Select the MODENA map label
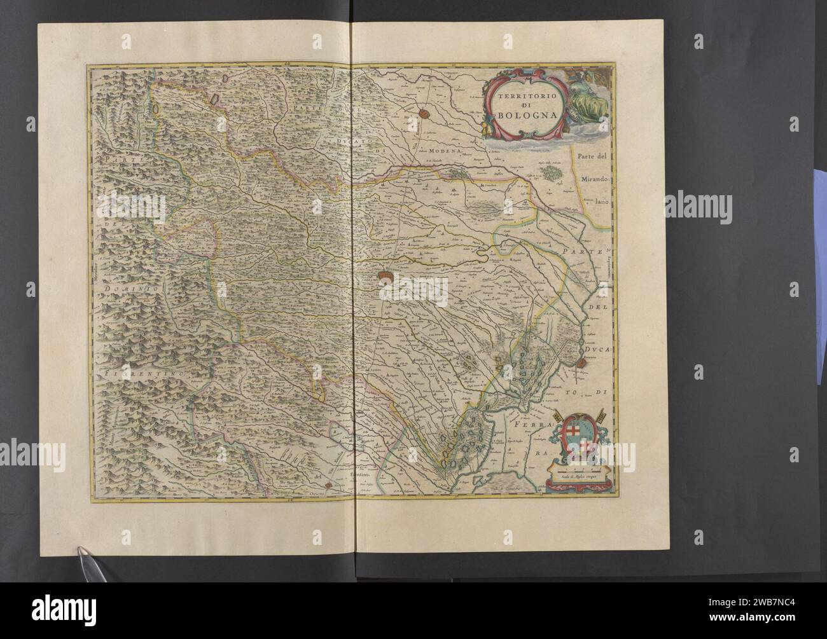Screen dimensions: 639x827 click(447, 151)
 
